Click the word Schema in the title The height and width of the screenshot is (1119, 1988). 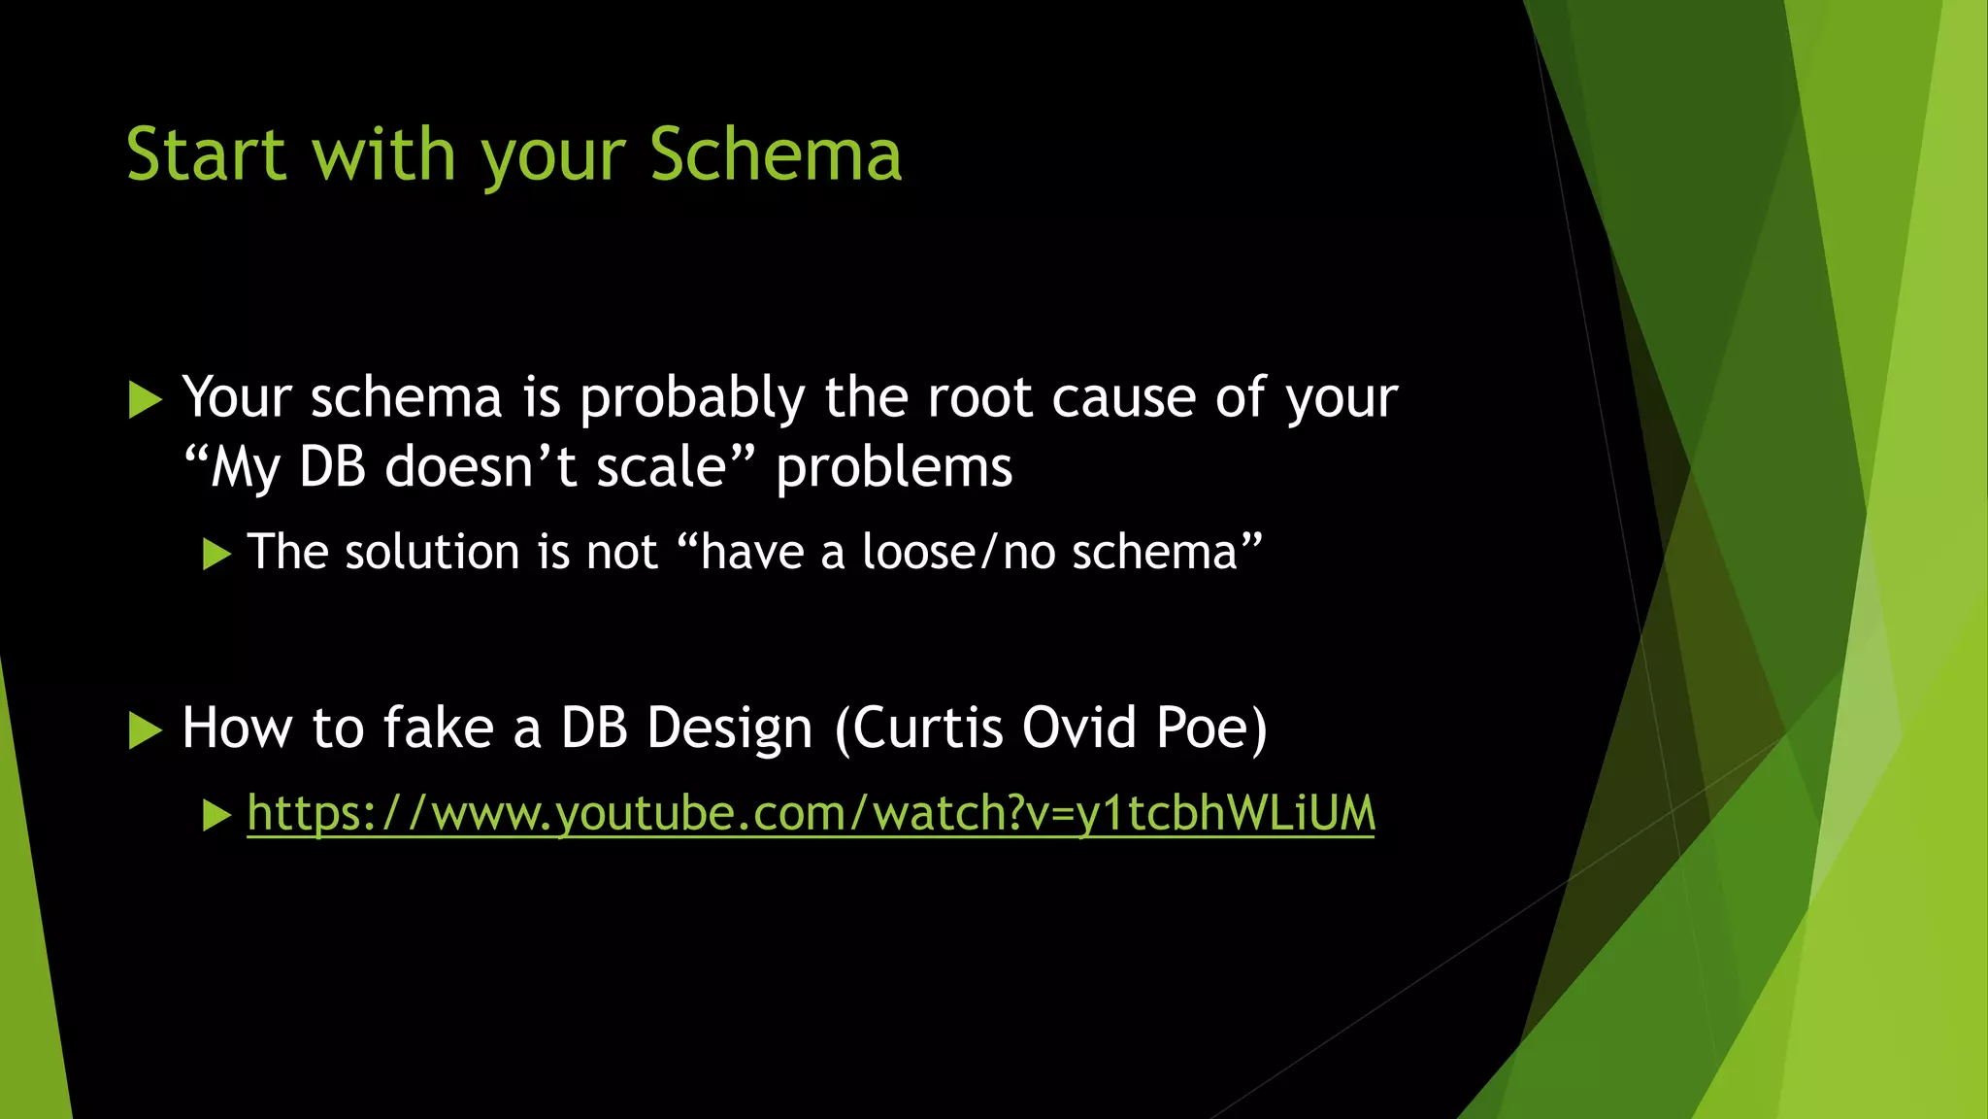[x=776, y=155]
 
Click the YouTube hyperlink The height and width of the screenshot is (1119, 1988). [x=811, y=814]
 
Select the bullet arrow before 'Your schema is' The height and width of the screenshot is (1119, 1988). [x=145, y=400]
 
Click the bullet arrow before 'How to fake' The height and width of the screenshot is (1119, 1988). [x=145, y=730]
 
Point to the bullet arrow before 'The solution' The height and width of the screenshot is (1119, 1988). [x=216, y=555]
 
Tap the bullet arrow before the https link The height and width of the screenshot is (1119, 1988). [x=216, y=816]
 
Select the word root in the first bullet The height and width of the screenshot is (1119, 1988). [x=979, y=398]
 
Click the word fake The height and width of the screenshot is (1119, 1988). [x=439, y=729]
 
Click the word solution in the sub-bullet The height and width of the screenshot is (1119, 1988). [x=432, y=553]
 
